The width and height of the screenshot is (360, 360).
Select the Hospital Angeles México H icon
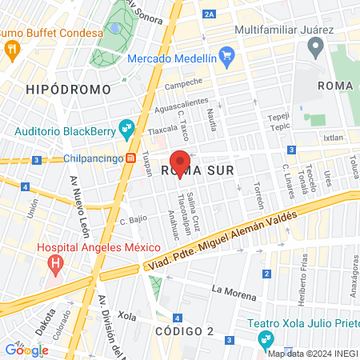(55, 262)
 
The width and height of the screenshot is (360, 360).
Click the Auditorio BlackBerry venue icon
(126, 127)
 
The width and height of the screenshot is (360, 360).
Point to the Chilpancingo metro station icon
(130, 158)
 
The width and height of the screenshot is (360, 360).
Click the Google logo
(26, 350)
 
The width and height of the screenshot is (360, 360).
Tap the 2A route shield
(210, 14)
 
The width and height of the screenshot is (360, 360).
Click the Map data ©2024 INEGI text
(312, 354)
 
